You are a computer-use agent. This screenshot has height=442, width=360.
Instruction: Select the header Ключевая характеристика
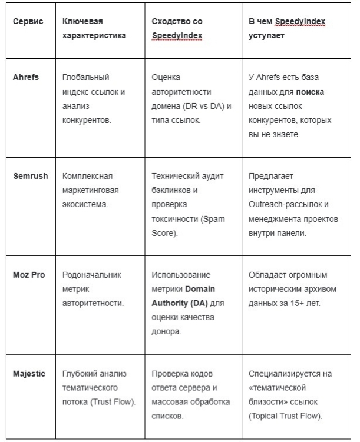point(95,28)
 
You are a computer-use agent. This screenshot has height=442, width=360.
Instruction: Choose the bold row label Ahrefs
point(25,78)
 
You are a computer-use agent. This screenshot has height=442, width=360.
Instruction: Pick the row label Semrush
point(29,177)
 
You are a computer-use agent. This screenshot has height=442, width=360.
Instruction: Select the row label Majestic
point(29,374)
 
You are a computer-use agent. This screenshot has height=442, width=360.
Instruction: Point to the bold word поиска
point(310,92)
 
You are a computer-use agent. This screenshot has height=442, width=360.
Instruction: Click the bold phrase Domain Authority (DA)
point(184,296)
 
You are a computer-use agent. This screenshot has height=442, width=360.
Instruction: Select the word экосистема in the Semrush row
point(87,205)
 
